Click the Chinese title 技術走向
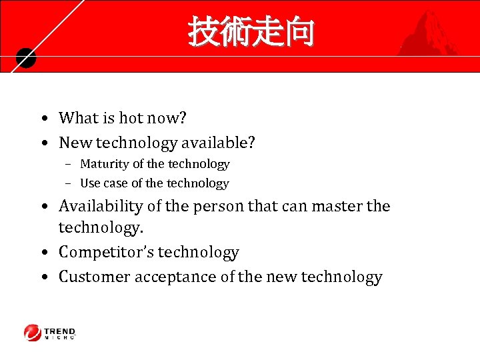[x=250, y=32]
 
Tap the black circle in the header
[x=25, y=59]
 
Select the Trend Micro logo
[x=50, y=333]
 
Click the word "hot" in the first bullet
[x=131, y=119]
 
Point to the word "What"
[x=78, y=119]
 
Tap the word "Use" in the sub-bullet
[x=90, y=183]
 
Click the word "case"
[x=115, y=183]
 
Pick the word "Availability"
[x=101, y=206]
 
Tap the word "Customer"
[x=94, y=277]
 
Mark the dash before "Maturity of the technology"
[x=69, y=165]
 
